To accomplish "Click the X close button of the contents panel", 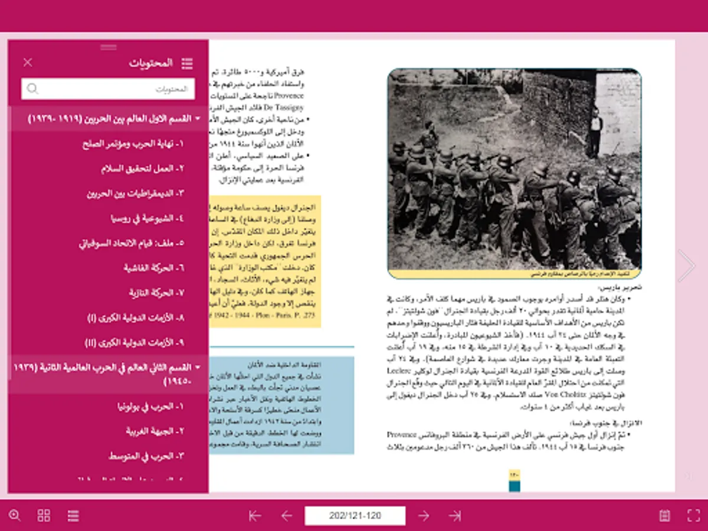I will click(28, 63).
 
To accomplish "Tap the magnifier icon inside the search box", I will click(33, 89).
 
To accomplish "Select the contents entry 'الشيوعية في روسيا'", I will click(147, 218).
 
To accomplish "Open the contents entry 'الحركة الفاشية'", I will click(153, 268).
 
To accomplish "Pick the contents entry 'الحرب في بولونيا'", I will click(150, 407).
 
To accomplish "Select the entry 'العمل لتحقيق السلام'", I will click(142, 169).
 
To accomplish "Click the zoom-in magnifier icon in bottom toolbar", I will click(15, 515).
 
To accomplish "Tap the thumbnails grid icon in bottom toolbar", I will click(44, 515).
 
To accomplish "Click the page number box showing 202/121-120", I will click(355, 516).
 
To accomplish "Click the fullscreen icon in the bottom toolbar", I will click(694, 515).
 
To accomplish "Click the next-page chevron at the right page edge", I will click(686, 265).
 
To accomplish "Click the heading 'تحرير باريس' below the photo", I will click(620, 287).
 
